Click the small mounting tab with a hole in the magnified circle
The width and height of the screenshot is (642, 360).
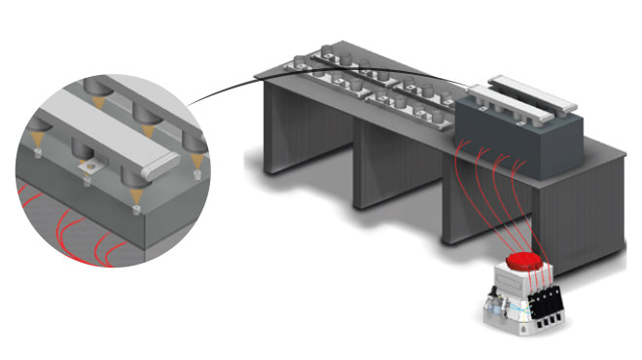click(x=89, y=167)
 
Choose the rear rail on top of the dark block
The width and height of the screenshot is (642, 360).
click(x=536, y=89)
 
